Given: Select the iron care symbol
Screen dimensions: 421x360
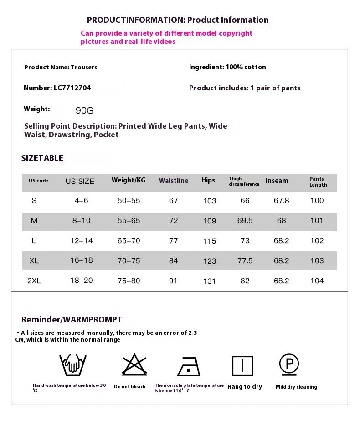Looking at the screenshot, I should tap(189, 366).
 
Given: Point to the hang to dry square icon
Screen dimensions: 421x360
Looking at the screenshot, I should tap(242, 366).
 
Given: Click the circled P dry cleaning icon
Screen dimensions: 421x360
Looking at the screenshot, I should tap(289, 364).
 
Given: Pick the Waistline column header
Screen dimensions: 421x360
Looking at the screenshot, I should tap(174, 181).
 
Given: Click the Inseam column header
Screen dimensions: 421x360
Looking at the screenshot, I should tap(277, 181).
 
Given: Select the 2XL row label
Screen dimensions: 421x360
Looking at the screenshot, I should tap(34, 281).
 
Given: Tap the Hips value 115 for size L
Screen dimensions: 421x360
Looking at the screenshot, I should tap(210, 241).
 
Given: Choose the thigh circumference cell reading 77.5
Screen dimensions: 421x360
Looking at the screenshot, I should tap(245, 261).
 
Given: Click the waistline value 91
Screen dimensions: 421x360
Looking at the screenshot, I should tap(173, 281).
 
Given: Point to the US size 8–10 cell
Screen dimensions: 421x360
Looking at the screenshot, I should tap(81, 221).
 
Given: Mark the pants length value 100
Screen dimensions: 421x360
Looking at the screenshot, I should tap(317, 201).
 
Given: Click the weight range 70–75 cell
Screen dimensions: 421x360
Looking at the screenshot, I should tap(129, 261).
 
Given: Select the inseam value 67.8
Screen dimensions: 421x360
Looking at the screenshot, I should tap(282, 201).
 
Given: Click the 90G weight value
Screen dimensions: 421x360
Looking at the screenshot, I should tap(84, 110).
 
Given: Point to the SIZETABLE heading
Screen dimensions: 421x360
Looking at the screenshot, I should tap(42, 158).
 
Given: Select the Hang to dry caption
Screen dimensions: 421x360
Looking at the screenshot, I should tap(245, 387).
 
